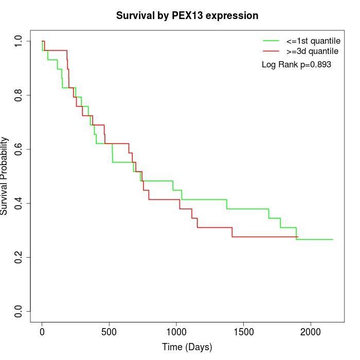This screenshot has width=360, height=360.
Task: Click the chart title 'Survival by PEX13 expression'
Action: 187,16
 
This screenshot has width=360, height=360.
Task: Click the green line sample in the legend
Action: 271,41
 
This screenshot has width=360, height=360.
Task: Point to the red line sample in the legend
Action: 271,51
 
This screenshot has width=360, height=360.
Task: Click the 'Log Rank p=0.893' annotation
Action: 296,65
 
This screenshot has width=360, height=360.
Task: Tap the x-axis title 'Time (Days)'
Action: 187,347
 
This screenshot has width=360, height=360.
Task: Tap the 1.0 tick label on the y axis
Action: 19,41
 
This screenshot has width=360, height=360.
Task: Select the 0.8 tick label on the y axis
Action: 19,95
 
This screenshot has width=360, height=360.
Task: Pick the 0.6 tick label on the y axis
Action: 19,149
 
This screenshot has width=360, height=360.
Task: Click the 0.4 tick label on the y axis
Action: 19,203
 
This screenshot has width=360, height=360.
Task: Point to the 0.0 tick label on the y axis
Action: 19,311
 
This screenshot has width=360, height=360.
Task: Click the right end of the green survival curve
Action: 332,240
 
